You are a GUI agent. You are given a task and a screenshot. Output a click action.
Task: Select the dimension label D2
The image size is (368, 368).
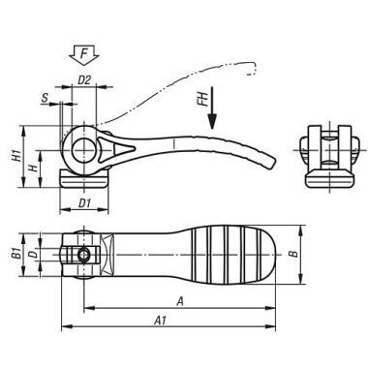(x=85, y=81)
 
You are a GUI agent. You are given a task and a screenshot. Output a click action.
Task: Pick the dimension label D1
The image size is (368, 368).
(x=84, y=203)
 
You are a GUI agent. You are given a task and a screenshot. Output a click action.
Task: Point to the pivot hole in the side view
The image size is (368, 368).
(x=84, y=148)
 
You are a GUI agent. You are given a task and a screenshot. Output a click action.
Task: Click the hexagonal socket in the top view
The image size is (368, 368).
(x=84, y=255)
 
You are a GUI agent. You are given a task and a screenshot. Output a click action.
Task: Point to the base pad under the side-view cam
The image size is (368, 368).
(x=84, y=176)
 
